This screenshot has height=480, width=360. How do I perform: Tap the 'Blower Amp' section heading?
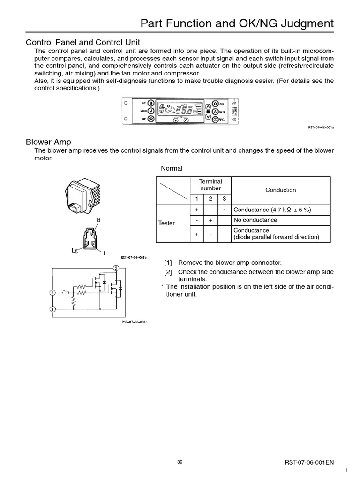click(48, 142)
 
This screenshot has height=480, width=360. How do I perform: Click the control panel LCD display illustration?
click(180, 112)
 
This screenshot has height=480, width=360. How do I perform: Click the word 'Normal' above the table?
click(172, 168)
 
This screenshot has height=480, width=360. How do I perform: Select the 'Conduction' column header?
click(280, 190)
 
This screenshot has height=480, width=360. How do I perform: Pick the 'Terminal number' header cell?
click(210, 185)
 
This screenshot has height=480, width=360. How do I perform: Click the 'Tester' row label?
click(166, 223)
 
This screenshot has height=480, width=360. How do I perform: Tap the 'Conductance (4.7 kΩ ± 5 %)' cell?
click(272, 210)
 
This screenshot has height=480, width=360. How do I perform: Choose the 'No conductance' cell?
click(255, 220)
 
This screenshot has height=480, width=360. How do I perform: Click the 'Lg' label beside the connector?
click(74, 251)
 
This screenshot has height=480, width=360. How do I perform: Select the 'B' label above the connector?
click(98, 219)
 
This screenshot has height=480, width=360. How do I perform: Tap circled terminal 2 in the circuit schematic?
click(116, 268)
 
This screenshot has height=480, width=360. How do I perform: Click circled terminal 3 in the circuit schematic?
click(52, 293)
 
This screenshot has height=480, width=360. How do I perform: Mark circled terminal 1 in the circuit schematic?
click(52, 309)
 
